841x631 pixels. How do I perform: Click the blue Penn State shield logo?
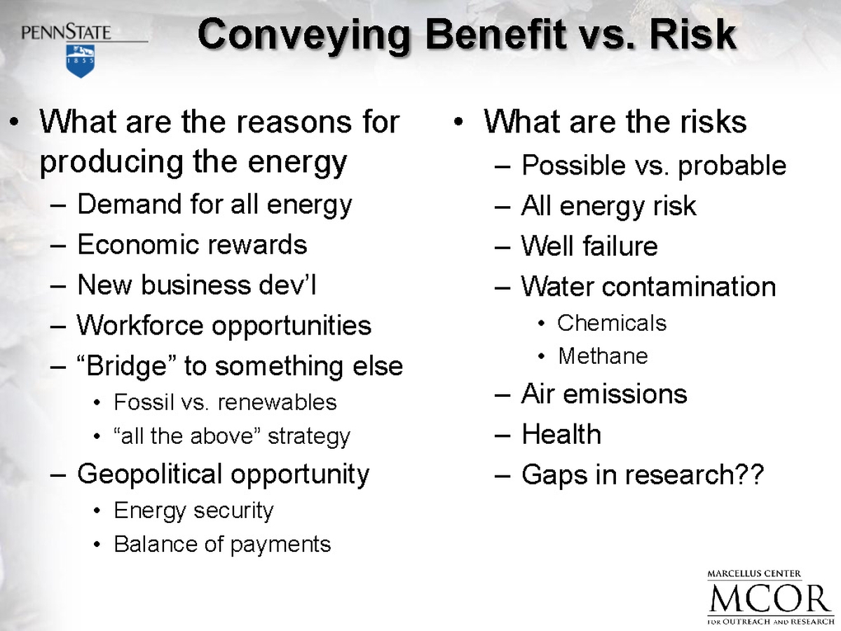tap(81, 61)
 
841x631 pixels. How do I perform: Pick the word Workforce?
tap(140, 325)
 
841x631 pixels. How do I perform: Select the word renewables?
tap(277, 402)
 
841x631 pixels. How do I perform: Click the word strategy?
tap(309, 437)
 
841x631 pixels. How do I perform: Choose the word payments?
tap(280, 545)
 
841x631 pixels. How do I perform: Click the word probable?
tap(732, 166)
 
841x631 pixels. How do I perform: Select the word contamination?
tap(689, 286)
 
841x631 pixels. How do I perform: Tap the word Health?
tap(561, 434)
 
